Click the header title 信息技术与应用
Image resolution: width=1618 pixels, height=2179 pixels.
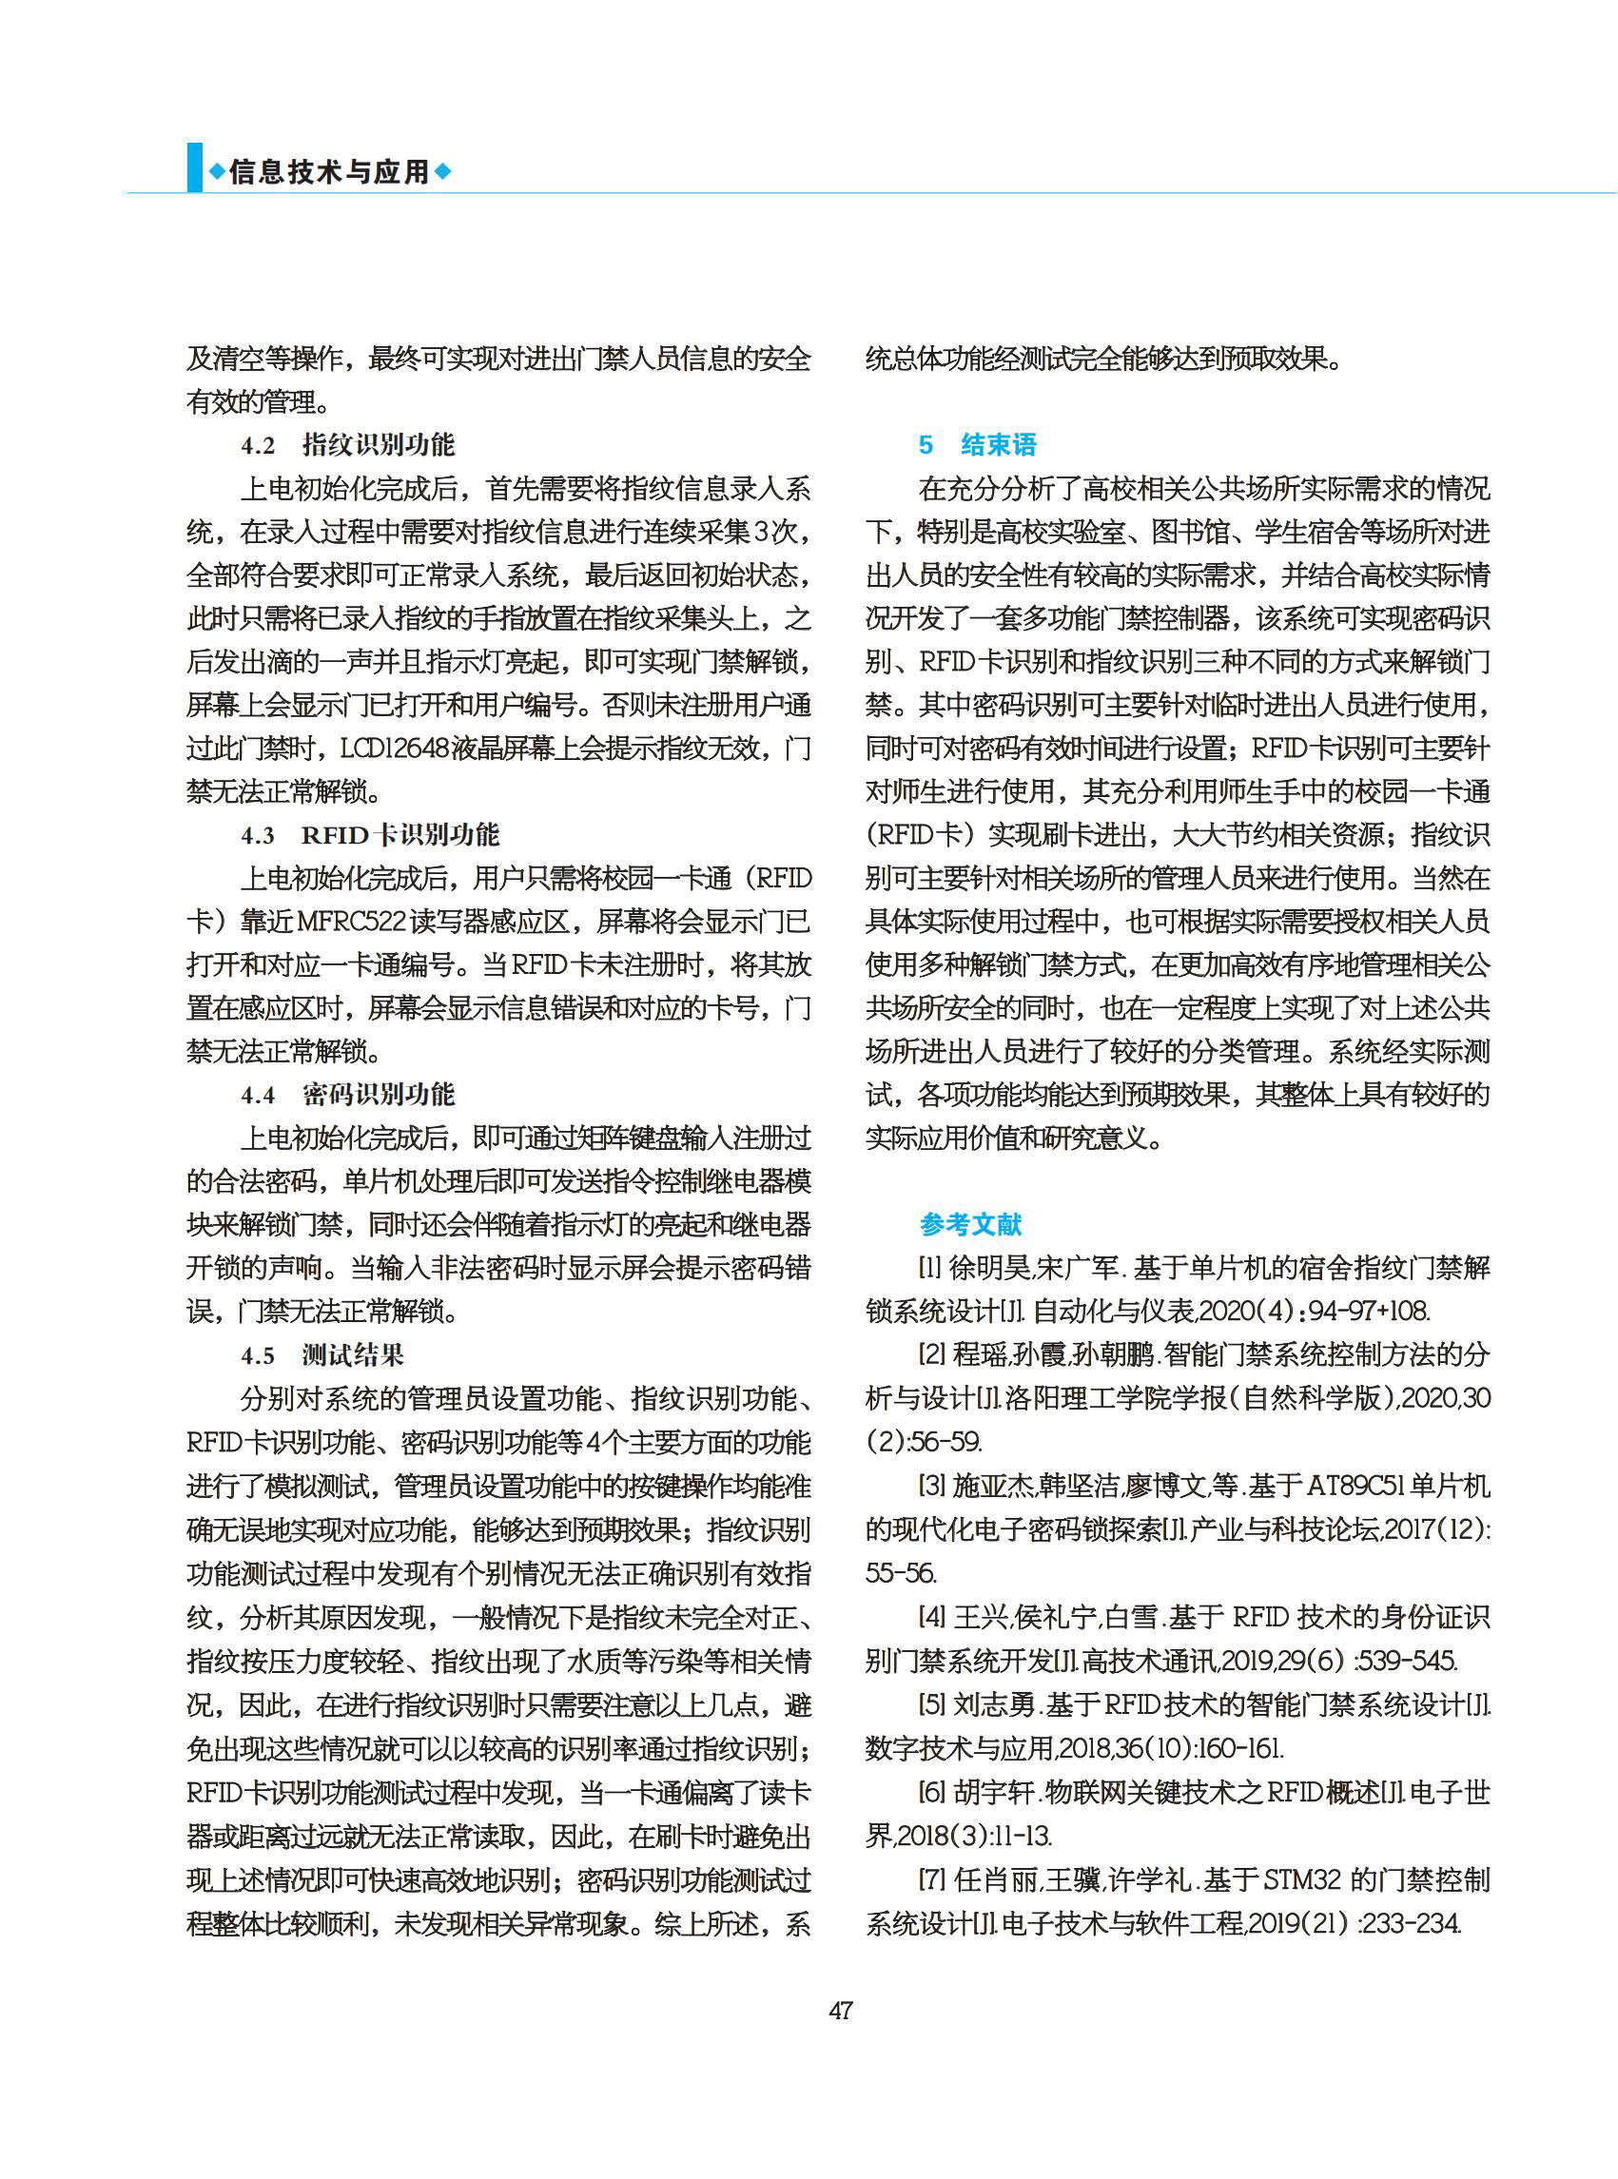click(x=329, y=172)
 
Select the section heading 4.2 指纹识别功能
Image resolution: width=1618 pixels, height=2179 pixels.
click(x=348, y=445)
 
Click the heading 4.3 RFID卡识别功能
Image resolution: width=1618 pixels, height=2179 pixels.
click(x=370, y=835)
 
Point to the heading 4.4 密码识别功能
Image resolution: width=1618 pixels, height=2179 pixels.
click(x=348, y=1095)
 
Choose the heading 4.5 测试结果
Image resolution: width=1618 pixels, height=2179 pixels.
click(x=322, y=1355)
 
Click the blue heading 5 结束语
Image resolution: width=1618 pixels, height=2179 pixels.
click(x=977, y=445)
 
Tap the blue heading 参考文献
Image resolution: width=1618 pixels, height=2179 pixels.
click(x=969, y=1224)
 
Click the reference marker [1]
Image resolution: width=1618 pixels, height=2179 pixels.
click(x=930, y=1268)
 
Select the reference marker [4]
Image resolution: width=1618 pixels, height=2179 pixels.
click(x=931, y=1616)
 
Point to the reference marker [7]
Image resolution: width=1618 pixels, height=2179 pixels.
click(x=931, y=1879)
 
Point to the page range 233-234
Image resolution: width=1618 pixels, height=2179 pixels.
click(x=1412, y=1922)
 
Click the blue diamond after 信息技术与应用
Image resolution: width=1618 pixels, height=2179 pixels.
click(x=443, y=172)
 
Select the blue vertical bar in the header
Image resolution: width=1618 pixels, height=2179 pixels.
click(x=195, y=167)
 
